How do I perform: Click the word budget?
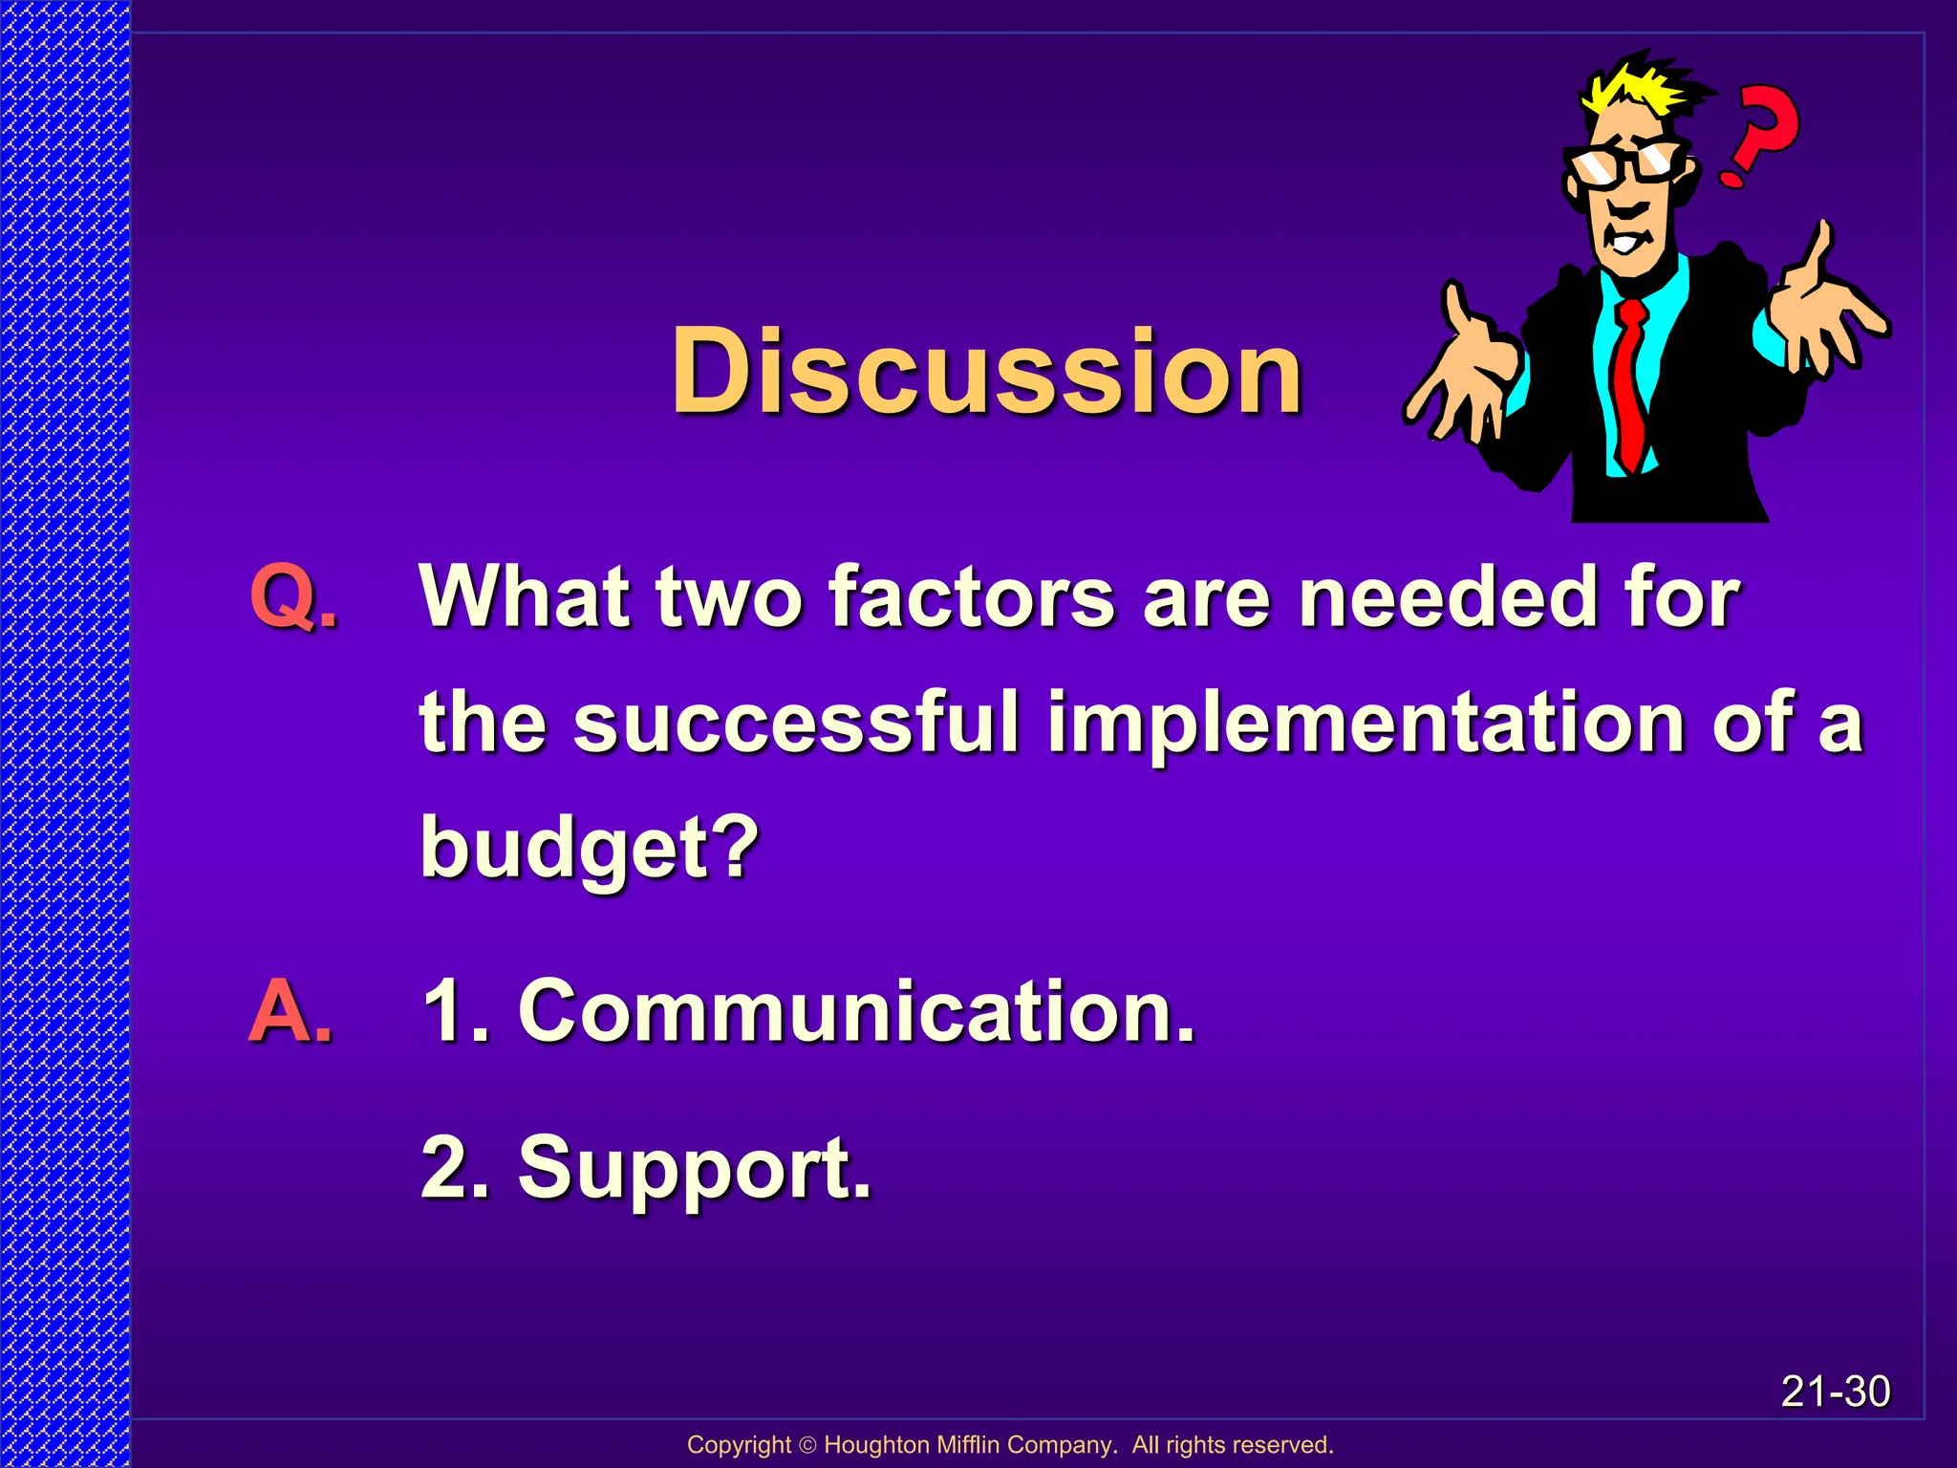point(590,847)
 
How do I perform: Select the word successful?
point(796,723)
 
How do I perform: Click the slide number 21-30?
point(1835,1392)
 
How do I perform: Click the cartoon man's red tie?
point(1630,382)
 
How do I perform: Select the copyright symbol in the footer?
point(807,1445)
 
